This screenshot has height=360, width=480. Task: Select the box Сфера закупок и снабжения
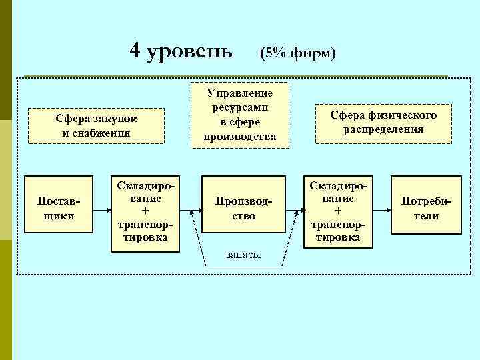tap(96, 125)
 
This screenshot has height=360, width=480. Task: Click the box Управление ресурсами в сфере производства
tap(239, 113)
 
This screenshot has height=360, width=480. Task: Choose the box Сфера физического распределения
tap(383, 123)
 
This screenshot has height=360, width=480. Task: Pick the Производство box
tap(239, 208)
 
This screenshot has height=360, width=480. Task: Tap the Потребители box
tap(425, 208)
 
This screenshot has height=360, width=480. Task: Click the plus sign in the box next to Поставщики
tap(145, 209)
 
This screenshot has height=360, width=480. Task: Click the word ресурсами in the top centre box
tap(239, 107)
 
